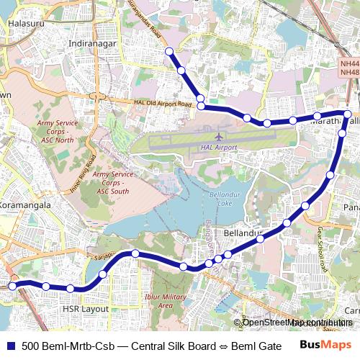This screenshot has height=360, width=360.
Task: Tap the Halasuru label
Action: coord(25,24)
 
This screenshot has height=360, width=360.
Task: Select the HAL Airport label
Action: coord(215,147)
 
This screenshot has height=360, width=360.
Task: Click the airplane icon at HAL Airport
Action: coord(219,135)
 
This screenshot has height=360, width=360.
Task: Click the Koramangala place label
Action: coord(26,205)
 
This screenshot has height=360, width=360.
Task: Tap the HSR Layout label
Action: coord(86,308)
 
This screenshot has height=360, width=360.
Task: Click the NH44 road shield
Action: coord(349,64)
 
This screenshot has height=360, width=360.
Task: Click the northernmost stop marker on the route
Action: coord(169,51)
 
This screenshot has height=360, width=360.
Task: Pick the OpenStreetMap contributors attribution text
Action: coord(295,322)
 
